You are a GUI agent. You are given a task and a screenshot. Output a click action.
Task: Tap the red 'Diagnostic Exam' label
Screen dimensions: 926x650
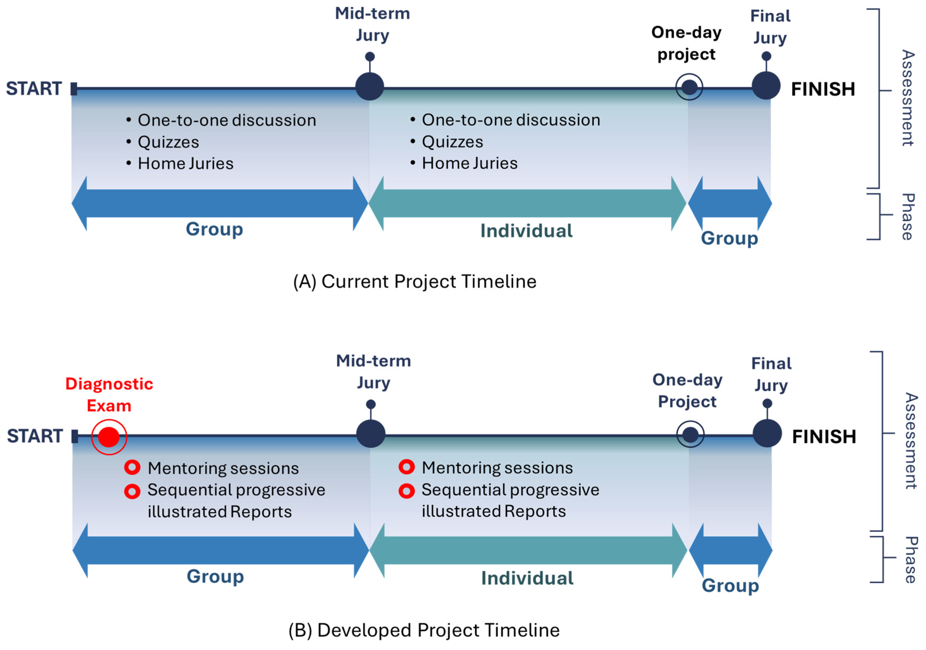[109, 395]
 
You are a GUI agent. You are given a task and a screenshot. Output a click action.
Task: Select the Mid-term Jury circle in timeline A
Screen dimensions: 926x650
[370, 86]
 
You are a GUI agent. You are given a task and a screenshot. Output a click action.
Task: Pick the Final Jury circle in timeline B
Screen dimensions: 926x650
[767, 433]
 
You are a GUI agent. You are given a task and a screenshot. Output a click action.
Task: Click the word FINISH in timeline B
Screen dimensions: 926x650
[824, 437]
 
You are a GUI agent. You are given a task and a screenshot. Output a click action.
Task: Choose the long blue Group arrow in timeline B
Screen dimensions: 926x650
[221, 550]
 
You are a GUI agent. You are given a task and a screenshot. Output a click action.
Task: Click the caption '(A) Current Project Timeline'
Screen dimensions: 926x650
[414, 281]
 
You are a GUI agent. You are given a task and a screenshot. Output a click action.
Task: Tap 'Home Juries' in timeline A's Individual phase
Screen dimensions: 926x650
[470, 163]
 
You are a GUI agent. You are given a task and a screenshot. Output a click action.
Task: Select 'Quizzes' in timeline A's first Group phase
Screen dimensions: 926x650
[169, 142]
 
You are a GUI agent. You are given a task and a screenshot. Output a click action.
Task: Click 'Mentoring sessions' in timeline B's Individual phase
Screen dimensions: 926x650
[497, 468]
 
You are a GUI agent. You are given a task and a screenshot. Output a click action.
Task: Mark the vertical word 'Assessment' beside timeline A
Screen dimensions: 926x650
[907, 98]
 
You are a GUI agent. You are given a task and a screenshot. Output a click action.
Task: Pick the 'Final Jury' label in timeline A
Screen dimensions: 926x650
[770, 27]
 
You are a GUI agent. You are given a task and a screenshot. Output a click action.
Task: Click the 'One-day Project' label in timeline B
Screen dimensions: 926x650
[687, 391]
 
